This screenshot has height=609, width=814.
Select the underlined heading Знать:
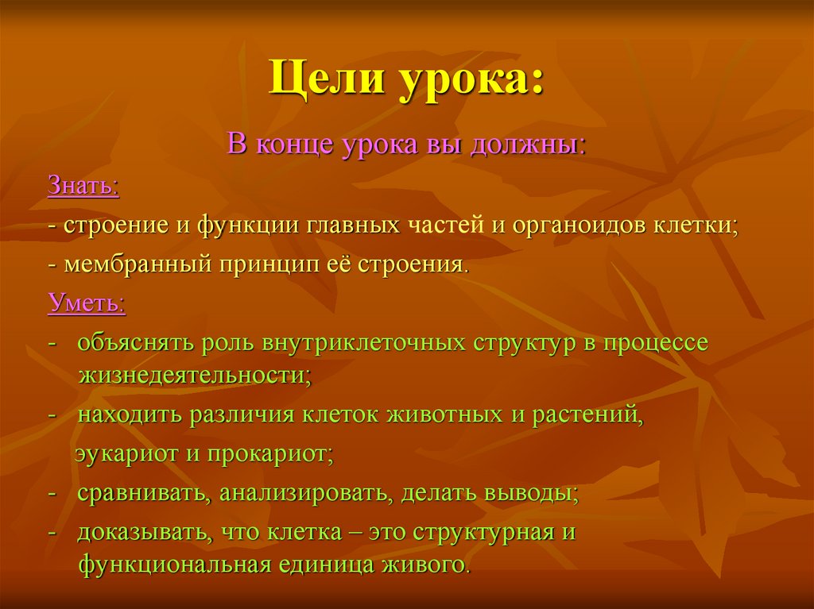83,188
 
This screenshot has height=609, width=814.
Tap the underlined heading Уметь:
86,304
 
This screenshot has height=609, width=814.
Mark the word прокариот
270,455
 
